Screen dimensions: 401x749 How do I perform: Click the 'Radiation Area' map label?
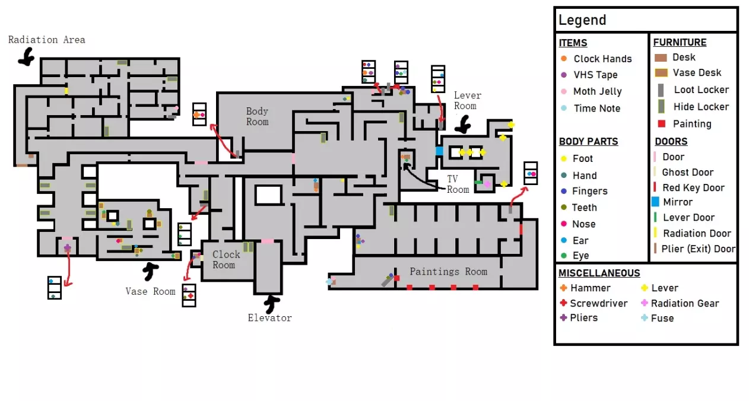(46, 40)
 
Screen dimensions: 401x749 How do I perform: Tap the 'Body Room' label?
(257, 116)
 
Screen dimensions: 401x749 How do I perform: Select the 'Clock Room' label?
(226, 259)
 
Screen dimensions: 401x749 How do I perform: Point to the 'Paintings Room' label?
(448, 272)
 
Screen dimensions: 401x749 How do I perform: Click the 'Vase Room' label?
(150, 291)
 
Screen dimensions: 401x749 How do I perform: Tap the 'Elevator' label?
(269, 318)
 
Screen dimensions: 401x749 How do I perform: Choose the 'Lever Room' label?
(467, 100)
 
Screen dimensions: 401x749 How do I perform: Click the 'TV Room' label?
(458, 184)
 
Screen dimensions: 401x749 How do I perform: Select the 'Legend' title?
(582, 20)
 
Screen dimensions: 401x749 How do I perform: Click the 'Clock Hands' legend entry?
(602, 59)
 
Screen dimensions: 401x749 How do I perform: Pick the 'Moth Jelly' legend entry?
(597, 91)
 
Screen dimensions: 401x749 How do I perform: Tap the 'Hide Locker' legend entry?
(700, 107)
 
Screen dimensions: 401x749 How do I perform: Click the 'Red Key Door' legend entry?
(693, 187)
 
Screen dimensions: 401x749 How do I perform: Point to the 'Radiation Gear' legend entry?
(684, 303)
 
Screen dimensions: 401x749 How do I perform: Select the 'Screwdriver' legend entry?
(598, 303)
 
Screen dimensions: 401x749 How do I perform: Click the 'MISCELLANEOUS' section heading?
(599, 273)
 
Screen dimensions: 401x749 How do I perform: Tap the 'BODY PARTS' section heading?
(588, 142)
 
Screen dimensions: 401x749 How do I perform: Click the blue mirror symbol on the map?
(439, 151)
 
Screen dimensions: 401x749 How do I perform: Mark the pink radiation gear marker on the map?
(487, 184)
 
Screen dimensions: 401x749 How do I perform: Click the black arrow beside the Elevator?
(272, 304)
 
